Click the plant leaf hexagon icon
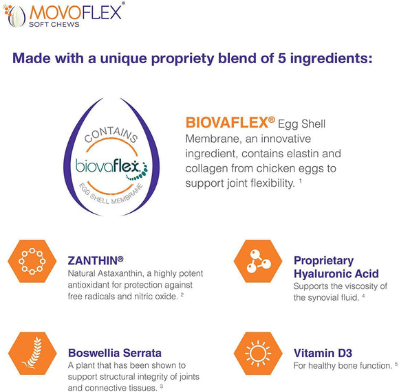(32, 354)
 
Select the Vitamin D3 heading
(323, 353)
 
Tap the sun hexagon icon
(258, 354)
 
